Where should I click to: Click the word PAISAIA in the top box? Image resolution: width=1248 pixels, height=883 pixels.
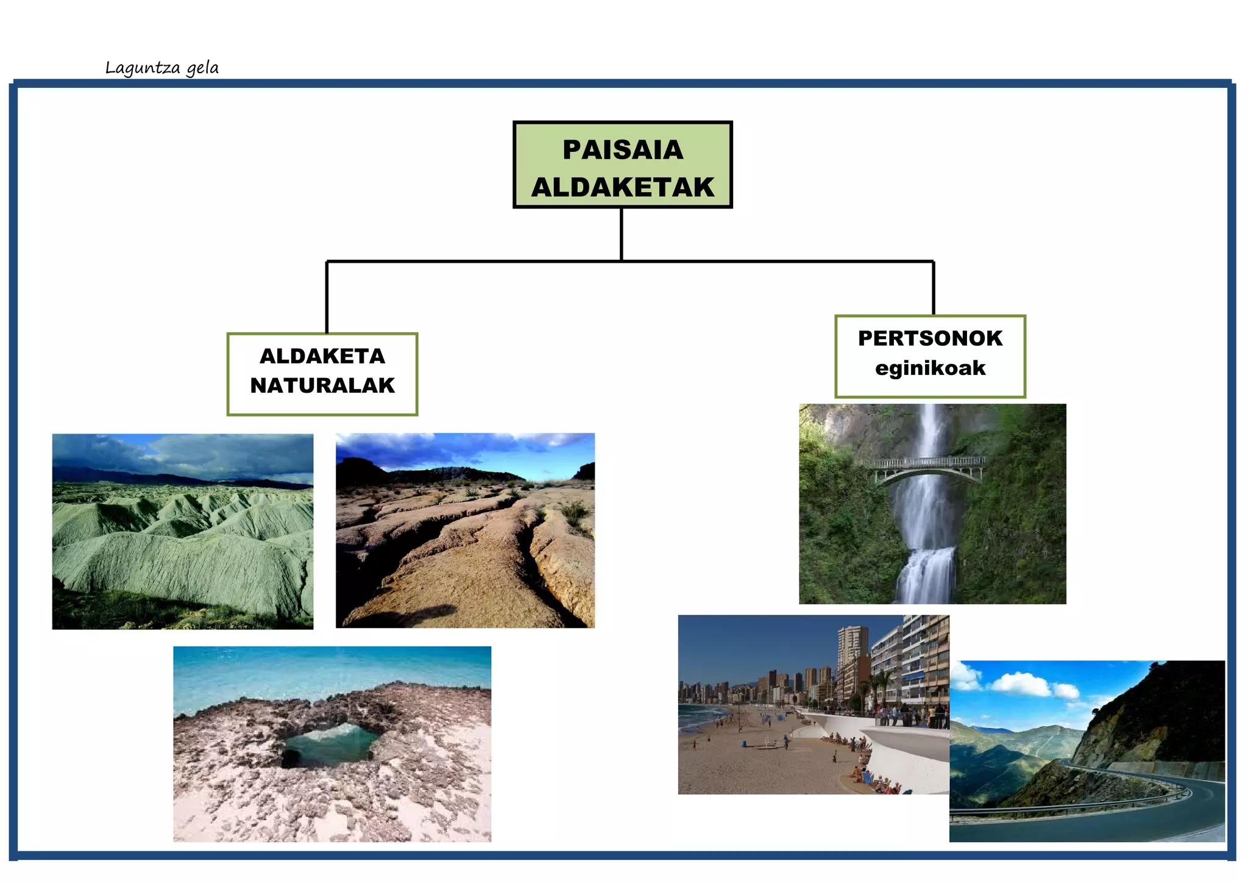[x=623, y=150]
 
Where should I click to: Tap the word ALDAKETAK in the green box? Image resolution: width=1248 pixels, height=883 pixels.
[x=623, y=187]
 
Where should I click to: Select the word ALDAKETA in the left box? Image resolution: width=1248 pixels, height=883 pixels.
[x=322, y=356]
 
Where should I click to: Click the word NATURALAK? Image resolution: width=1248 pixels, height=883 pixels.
[x=322, y=385]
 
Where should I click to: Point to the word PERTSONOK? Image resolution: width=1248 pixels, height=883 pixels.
[x=930, y=338]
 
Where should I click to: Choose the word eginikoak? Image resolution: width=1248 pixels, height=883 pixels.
[x=930, y=368]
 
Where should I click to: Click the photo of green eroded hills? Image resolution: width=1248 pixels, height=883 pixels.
[x=183, y=532]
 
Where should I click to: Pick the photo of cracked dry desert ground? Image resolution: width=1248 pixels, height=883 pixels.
[x=465, y=531]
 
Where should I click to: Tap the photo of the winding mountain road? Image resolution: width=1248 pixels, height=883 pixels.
[x=1087, y=751]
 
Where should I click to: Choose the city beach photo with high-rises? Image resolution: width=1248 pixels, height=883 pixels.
[x=814, y=704]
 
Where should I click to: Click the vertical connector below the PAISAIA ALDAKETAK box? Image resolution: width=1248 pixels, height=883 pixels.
[x=622, y=235]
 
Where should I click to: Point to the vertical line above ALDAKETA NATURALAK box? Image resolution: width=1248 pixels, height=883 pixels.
[x=327, y=298]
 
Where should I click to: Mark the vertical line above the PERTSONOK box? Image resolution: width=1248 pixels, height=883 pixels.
[x=934, y=288]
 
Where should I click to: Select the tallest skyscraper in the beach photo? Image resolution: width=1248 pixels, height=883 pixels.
[x=851, y=656]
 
